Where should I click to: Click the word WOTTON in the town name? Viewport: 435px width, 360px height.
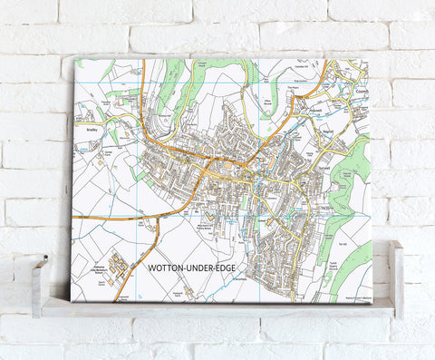point(160,269)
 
